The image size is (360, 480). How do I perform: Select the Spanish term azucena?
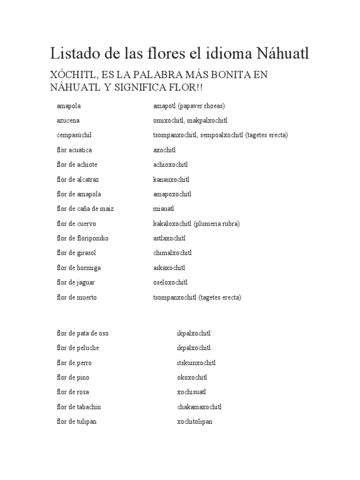coord(68,120)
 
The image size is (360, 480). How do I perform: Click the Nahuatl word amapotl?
coord(166,106)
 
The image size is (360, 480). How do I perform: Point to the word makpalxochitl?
coord(207,120)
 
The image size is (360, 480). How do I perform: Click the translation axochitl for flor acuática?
coord(165,150)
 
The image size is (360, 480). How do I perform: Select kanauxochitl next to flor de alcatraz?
coord(171,180)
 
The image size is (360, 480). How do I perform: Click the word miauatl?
coord(164,209)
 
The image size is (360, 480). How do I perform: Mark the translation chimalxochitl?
coord(172,253)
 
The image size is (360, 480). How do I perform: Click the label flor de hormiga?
coord(79,268)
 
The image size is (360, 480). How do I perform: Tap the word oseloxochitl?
coord(170,282)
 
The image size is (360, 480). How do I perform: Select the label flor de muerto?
coord(77,297)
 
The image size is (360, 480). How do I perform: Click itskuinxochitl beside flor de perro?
coord(196,363)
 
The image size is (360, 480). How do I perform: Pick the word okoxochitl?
coord(192,377)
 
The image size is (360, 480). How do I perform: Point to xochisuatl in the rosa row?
coord(191,392)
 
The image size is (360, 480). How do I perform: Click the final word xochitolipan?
coord(195,421)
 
